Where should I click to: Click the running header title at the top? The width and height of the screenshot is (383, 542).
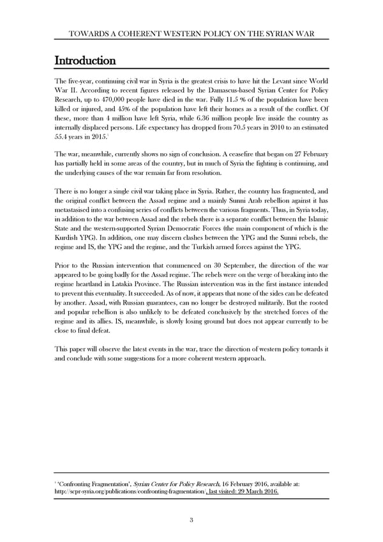coord(191,34)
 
